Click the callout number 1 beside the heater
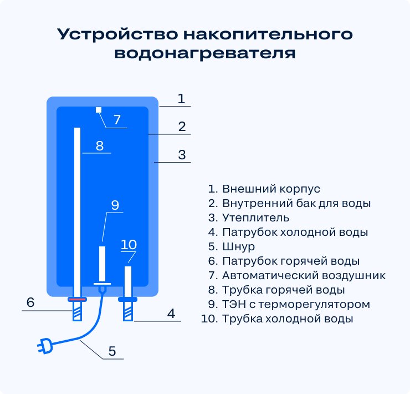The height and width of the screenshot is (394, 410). point(181,99)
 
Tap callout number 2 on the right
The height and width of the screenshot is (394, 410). point(181,127)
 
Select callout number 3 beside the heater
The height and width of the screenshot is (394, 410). point(182,155)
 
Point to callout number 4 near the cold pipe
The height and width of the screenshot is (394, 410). point(171,314)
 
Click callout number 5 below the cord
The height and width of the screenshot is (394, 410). point(112,351)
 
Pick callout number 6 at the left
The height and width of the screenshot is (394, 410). point(30,302)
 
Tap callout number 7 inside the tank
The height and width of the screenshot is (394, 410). point(117,119)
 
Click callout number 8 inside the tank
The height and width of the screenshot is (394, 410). point(100,145)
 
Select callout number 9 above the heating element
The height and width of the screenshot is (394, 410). point(115,205)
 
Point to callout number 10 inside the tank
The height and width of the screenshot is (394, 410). point(129,244)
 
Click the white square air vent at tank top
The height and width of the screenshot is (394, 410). point(99,110)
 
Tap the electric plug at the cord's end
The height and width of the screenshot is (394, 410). point(44,347)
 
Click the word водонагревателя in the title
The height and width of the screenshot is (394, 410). point(204,53)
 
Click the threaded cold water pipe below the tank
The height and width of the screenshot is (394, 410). point(128,312)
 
